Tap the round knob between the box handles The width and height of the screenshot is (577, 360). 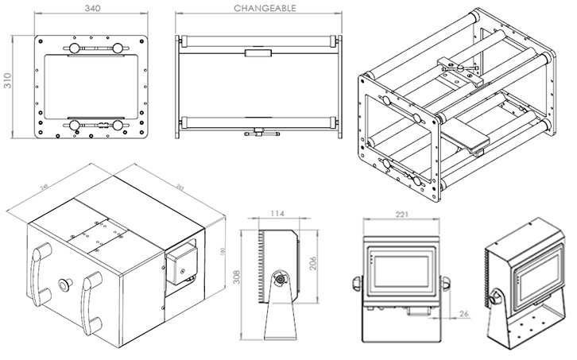[64, 284]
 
